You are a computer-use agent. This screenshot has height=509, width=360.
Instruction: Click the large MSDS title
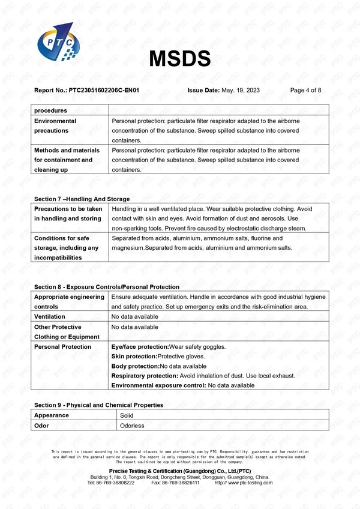point(179,58)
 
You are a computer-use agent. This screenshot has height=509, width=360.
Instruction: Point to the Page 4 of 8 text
point(305,90)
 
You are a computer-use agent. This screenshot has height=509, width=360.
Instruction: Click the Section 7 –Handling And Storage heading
point(82,199)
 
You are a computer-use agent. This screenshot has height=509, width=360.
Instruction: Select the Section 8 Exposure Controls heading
point(107,287)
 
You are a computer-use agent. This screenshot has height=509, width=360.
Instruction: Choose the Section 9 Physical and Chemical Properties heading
point(98,405)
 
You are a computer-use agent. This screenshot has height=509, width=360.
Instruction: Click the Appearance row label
point(52,415)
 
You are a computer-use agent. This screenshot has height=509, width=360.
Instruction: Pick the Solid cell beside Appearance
point(127,415)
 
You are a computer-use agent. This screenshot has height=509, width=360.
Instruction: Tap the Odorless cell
point(132,426)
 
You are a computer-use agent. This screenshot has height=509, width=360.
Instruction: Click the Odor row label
point(41,426)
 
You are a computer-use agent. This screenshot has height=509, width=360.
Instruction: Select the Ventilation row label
point(50,316)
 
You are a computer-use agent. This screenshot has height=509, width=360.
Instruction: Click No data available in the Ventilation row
point(135,316)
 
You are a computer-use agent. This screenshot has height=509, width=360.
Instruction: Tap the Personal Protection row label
point(62,347)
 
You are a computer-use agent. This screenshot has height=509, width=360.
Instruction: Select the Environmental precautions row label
point(55,125)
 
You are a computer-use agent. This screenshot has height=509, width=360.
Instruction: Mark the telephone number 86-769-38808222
point(115,483)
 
